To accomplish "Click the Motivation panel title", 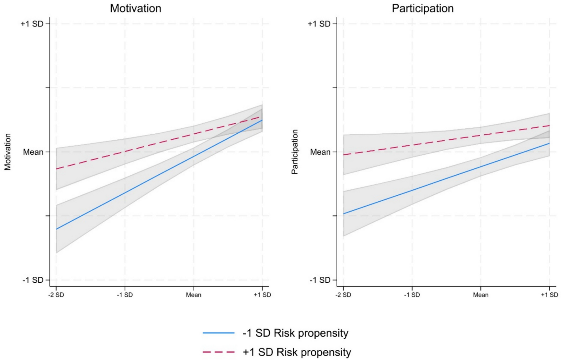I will tap(135, 8).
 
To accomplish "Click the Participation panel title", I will tap(422, 8).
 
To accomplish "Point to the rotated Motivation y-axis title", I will tap(8, 152).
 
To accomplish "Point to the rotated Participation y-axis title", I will tap(295, 152).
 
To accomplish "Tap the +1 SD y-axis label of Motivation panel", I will tap(32, 24).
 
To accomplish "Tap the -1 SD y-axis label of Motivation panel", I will tap(33, 280).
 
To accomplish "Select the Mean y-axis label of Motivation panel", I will tap(33, 152).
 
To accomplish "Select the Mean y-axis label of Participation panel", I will tap(320, 152).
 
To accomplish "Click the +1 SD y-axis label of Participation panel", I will tap(319, 24).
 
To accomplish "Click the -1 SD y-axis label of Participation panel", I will tap(320, 280).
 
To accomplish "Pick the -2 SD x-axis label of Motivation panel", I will tap(56, 295).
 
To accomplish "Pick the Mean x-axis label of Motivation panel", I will tap(194, 295).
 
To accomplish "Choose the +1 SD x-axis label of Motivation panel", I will tap(262, 295).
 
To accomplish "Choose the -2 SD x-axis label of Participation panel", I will tap(343, 295).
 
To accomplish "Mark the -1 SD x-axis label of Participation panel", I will tap(412, 295).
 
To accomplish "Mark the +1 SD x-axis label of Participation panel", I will tap(549, 295).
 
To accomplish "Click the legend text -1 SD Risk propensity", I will tap(295, 333).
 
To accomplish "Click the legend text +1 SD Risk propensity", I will tap(297, 352).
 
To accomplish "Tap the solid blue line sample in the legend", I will tap(218, 333).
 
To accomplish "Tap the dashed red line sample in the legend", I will tap(218, 352).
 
